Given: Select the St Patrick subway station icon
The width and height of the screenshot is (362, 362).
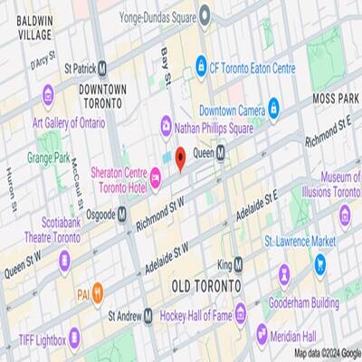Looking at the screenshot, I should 103,66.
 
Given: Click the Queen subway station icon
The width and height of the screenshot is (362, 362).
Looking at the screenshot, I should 222,155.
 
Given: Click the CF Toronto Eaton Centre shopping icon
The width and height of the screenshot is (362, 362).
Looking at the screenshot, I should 202,66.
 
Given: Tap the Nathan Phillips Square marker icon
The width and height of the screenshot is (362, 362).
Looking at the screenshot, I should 166,124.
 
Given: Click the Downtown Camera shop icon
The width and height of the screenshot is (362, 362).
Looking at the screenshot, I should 273,110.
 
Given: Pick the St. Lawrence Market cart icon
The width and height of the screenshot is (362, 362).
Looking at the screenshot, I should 319,264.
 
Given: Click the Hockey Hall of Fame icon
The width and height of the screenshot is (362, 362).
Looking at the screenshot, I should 241,316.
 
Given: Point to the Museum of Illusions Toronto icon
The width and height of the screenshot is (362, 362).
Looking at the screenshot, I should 345,215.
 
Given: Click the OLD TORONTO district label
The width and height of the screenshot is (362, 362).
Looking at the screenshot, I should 206,286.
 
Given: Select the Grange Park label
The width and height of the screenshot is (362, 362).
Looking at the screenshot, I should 49,157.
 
